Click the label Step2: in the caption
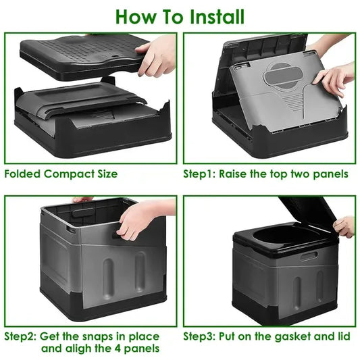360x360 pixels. pyautogui.click(x=21, y=336)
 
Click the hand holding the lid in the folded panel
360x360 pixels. pyautogui.click(x=157, y=55)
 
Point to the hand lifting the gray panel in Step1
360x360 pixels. pyautogui.click(x=334, y=78)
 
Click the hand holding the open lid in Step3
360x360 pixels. pyautogui.click(x=344, y=226)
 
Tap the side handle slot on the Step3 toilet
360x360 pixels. pyautogui.click(x=309, y=256)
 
